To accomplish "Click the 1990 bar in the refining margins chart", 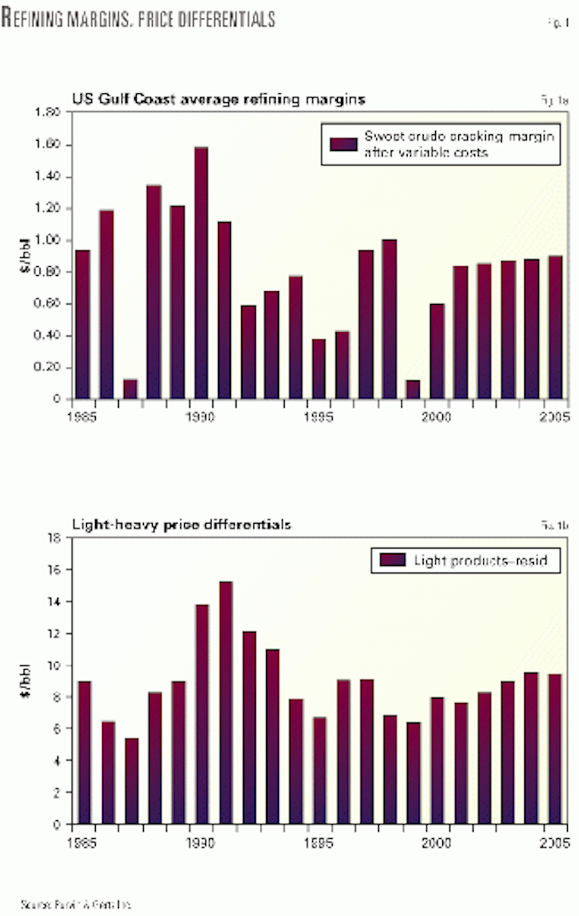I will click(201, 273).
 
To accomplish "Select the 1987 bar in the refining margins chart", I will click(130, 389).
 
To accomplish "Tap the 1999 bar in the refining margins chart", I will click(413, 389).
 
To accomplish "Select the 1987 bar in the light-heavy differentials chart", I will click(130, 781).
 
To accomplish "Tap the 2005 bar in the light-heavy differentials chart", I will click(555, 749).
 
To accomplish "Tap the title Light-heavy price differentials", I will click(181, 524).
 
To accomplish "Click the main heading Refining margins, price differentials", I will click(138, 18).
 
